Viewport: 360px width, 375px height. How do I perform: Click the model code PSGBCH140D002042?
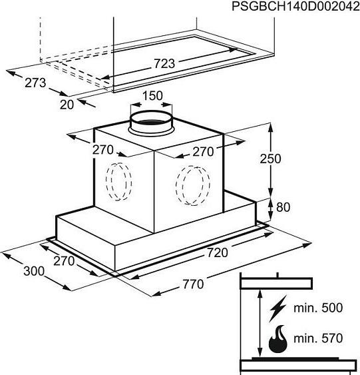[x=295, y=7]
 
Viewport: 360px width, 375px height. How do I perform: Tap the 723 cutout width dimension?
[x=164, y=64]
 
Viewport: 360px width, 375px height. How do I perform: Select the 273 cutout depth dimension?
[x=35, y=83]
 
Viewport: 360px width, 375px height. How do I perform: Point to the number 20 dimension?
[x=67, y=105]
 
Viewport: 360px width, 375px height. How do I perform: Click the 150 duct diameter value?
[x=152, y=96]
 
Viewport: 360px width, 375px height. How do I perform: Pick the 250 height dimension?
[x=270, y=159]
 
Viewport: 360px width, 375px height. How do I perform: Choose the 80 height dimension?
[x=283, y=207]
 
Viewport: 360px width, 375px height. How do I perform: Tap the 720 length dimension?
[x=218, y=253]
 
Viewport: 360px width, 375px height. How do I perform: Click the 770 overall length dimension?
[x=194, y=284]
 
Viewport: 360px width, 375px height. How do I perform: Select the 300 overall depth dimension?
[x=34, y=271]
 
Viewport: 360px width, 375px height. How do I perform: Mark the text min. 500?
[x=318, y=308]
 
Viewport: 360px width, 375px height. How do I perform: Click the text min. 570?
[x=318, y=338]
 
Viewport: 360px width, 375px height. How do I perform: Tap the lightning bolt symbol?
[x=277, y=308]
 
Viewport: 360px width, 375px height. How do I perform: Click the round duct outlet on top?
[x=151, y=122]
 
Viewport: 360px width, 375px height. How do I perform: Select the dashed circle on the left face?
[x=118, y=182]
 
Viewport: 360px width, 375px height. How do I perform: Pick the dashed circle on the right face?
[x=193, y=186]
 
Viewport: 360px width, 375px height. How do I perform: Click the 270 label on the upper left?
[x=103, y=150]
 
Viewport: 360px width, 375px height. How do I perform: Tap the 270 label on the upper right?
[x=203, y=152]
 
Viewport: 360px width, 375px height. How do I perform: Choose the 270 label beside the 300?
[x=64, y=260]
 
